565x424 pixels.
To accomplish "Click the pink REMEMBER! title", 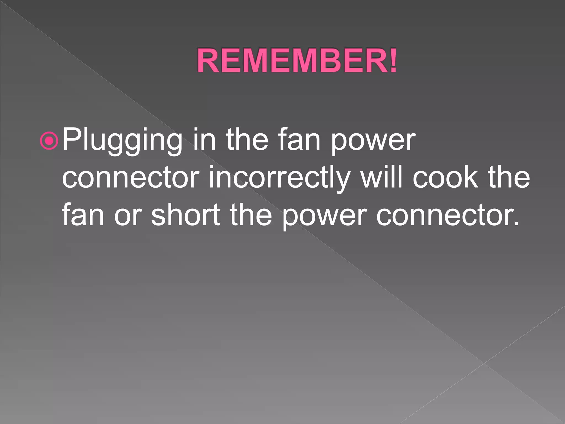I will pyautogui.click(x=297, y=60).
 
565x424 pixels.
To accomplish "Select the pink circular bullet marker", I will pyautogui.click(x=49, y=141).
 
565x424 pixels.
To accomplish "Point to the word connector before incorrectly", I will pyautogui.click(x=131, y=178).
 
